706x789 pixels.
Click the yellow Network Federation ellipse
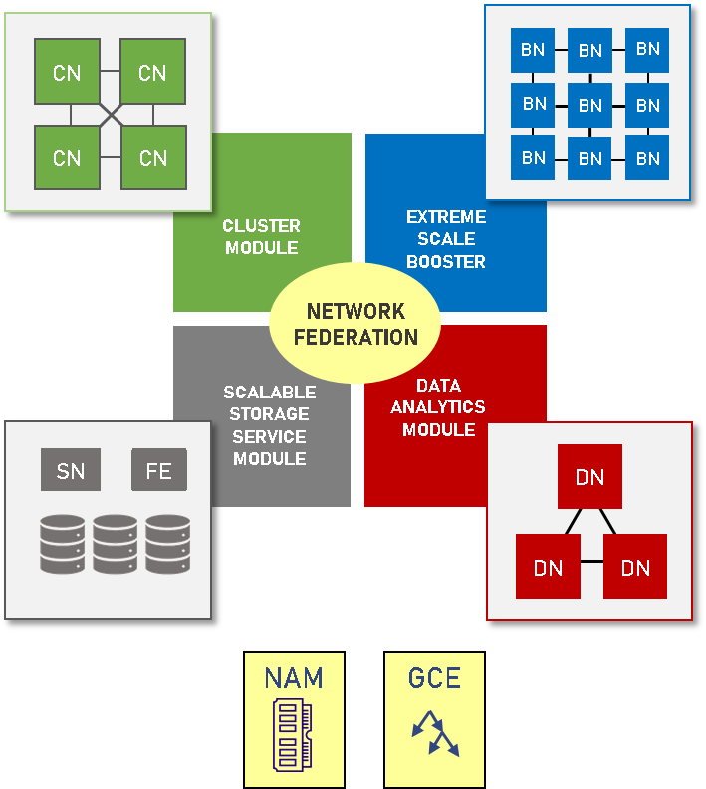(x=355, y=324)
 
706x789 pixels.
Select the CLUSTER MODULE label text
(x=262, y=237)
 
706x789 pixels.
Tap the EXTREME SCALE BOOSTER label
(x=446, y=239)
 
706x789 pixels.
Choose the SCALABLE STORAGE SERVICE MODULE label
(x=269, y=425)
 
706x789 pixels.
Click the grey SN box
(x=71, y=470)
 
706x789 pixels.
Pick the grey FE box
(x=158, y=470)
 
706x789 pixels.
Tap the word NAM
(x=294, y=678)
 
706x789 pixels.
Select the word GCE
(x=434, y=678)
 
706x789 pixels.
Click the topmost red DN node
(x=589, y=477)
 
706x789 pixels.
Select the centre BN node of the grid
(x=590, y=105)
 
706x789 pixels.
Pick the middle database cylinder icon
(x=116, y=543)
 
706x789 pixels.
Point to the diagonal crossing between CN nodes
(x=111, y=116)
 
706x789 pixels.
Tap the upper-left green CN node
(x=68, y=72)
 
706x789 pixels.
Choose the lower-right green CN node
(x=153, y=157)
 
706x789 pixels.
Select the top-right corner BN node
(x=647, y=49)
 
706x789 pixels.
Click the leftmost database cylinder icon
(x=62, y=543)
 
